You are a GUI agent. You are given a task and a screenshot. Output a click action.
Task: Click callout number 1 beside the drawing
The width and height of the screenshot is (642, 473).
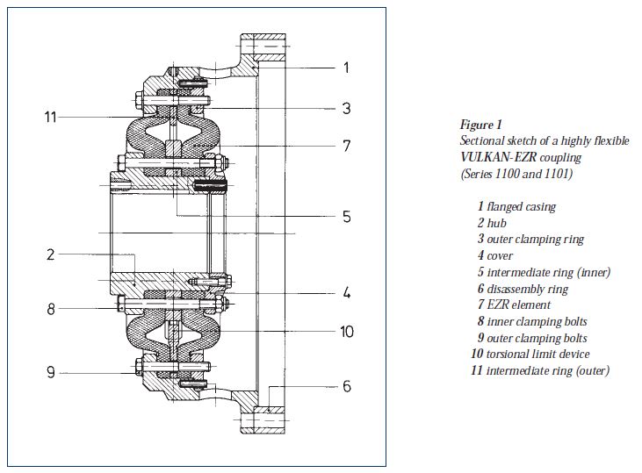[x=346, y=68]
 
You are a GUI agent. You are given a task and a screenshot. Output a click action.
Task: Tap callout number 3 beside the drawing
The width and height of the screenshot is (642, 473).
[x=346, y=109]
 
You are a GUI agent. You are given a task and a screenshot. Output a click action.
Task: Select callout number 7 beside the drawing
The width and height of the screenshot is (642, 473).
[x=346, y=146]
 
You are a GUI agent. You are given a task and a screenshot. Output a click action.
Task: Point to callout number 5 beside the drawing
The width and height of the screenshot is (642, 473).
[x=346, y=216]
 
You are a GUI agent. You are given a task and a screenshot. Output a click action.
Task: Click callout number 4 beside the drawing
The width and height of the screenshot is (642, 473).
[x=346, y=292]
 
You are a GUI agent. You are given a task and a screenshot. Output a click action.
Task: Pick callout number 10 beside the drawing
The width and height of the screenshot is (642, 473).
[x=346, y=333]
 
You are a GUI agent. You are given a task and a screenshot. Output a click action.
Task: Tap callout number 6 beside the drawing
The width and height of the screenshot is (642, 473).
[x=346, y=386]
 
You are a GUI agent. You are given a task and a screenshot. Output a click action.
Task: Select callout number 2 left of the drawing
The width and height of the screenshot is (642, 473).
[x=52, y=255]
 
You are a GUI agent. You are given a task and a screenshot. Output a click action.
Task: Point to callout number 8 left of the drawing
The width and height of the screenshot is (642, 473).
[x=52, y=308]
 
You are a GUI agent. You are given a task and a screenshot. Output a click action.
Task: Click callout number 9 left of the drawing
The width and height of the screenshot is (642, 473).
[x=52, y=372]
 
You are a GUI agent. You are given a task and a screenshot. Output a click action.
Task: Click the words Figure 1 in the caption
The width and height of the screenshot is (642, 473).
[x=480, y=125]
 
